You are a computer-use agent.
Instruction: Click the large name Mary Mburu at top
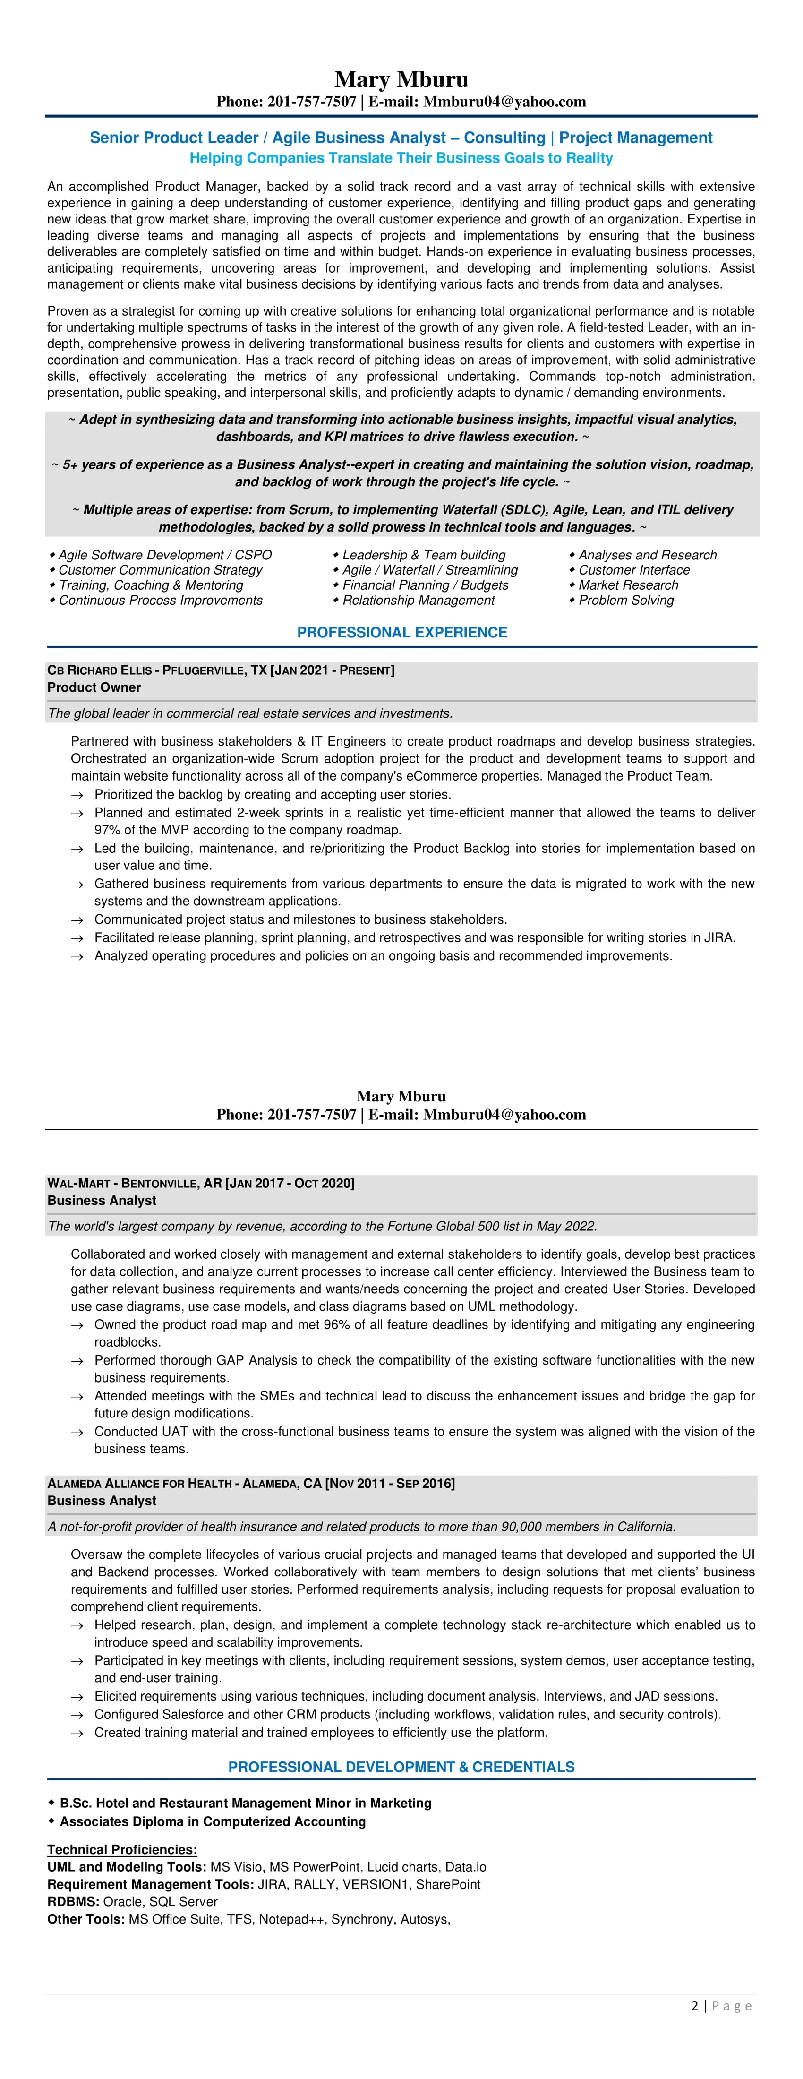coord(401,79)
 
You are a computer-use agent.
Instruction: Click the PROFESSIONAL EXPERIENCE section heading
coord(402,632)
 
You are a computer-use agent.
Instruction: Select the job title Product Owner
coord(94,687)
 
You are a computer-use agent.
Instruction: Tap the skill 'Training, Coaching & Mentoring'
coord(150,585)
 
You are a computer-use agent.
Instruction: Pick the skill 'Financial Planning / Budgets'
coord(425,585)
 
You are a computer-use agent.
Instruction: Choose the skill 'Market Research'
coord(628,585)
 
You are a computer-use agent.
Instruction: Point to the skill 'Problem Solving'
coord(625,601)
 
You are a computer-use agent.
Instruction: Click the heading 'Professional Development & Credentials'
coord(401,1767)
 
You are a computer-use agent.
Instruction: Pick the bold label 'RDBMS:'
coord(73,1901)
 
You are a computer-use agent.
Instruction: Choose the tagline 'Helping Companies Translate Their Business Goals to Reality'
coord(401,158)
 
